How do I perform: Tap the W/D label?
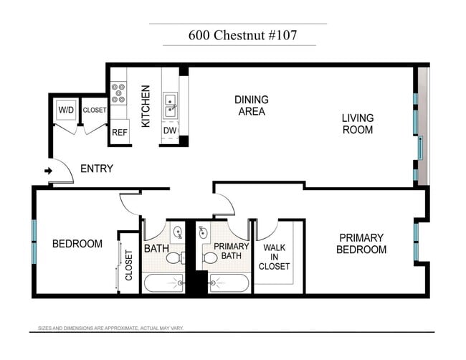pyautogui.click(x=66, y=110)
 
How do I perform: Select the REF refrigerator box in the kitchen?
pyautogui.click(x=119, y=133)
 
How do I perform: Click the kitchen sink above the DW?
pyautogui.click(x=171, y=105)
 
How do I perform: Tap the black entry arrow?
pyautogui.click(x=49, y=171)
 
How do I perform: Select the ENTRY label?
pyautogui.click(x=97, y=169)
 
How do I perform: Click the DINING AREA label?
pyautogui.click(x=251, y=105)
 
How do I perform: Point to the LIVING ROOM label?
pyautogui.click(x=357, y=124)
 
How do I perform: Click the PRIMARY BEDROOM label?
pyautogui.click(x=362, y=244)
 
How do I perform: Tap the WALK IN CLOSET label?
pyautogui.click(x=277, y=257)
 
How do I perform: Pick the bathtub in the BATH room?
pyautogui.click(x=163, y=283)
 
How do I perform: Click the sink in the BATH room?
pyautogui.click(x=178, y=232)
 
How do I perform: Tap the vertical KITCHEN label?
pyautogui.click(x=146, y=106)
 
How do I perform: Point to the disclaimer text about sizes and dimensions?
pyautogui.click(x=111, y=328)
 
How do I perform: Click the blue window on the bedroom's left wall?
pyautogui.click(x=34, y=242)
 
